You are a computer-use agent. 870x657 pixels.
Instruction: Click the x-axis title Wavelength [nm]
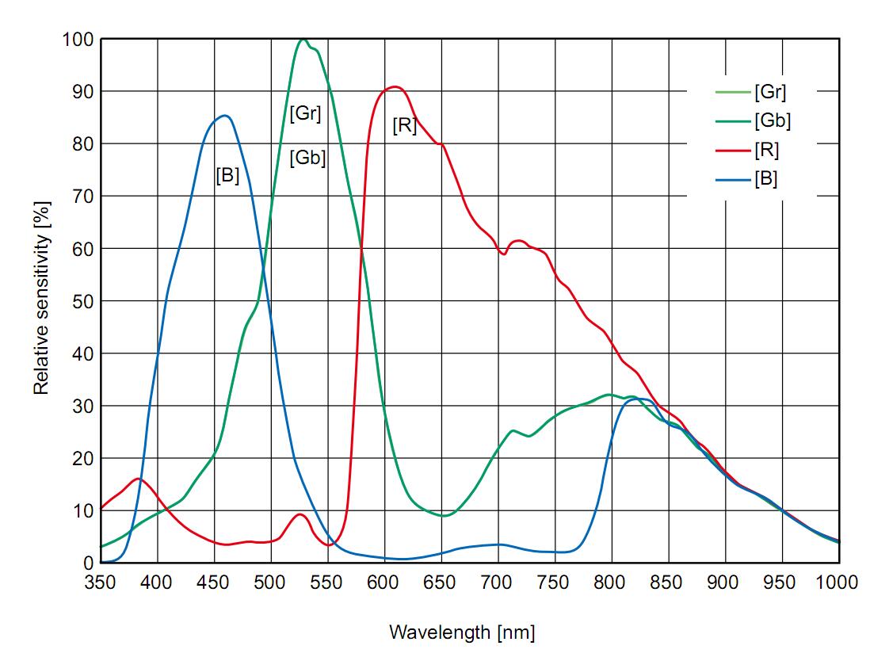pyautogui.click(x=461, y=632)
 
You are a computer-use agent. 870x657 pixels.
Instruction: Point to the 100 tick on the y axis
pyautogui.click(x=77, y=40)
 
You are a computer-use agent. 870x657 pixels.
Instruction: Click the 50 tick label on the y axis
pyautogui.click(x=82, y=301)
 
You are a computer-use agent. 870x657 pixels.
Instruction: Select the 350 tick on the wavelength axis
pyautogui.click(x=101, y=583)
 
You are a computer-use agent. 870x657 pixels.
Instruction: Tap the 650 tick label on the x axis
pyautogui.click(x=441, y=583)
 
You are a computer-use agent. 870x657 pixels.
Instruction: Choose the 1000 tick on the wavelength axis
pyautogui.click(x=838, y=583)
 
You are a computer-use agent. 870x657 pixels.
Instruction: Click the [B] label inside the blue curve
pyautogui.click(x=227, y=176)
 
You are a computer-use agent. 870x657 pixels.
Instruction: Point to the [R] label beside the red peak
pyautogui.click(x=404, y=125)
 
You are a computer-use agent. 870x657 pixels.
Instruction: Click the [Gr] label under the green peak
pyautogui.click(x=305, y=113)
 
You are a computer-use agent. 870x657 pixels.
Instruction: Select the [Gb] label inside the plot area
pyautogui.click(x=307, y=158)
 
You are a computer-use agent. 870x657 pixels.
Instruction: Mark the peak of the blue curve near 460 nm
pyautogui.click(x=225, y=116)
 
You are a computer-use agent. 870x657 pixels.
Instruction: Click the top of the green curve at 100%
pyautogui.click(x=303, y=40)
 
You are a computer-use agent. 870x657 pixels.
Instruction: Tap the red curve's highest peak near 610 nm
pyautogui.click(x=395, y=87)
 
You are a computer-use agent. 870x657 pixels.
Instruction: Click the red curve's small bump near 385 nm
pyautogui.click(x=139, y=479)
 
